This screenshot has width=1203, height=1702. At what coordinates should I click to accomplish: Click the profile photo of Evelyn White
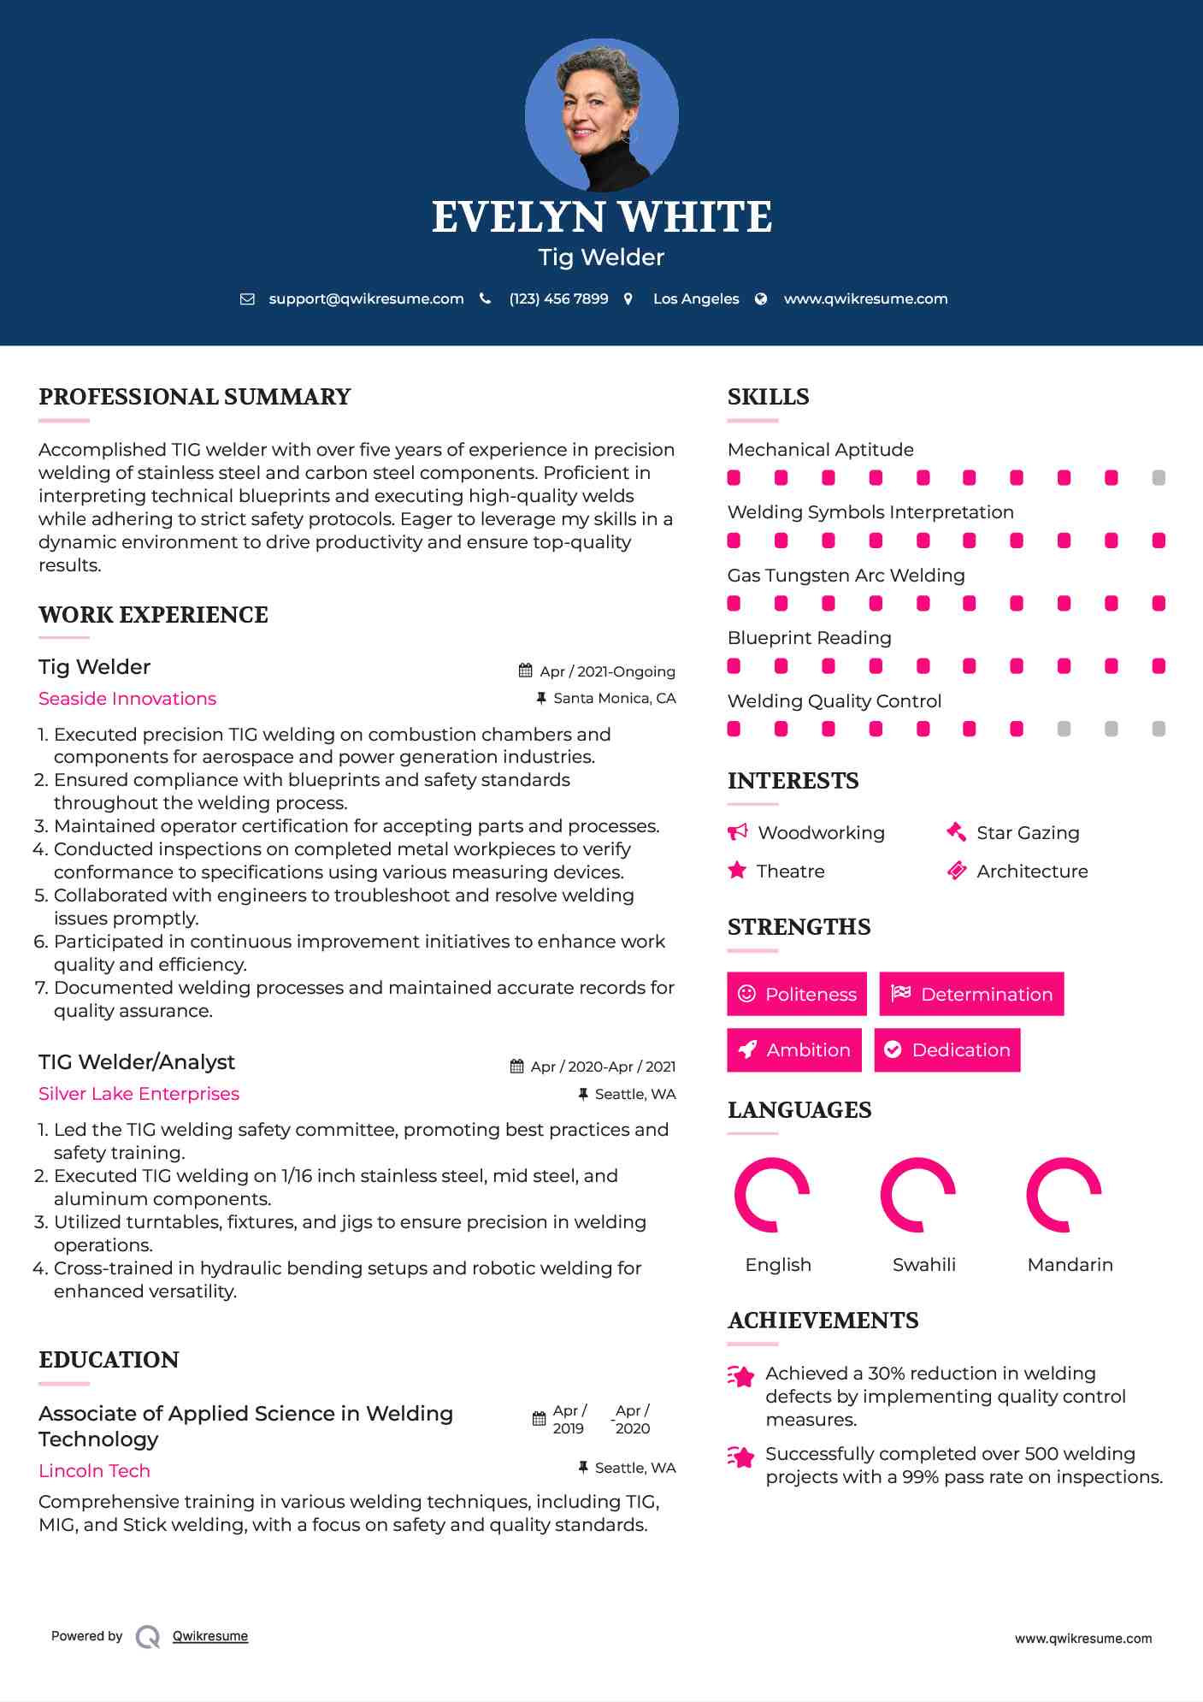click(601, 115)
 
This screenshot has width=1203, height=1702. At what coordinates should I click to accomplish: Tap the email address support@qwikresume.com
click(366, 298)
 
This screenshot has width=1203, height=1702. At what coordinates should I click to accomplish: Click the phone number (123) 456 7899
click(558, 298)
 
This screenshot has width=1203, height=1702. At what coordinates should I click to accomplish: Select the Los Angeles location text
click(695, 298)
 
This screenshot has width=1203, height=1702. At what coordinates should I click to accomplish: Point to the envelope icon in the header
click(247, 298)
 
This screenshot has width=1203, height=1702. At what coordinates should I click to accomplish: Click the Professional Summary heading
click(195, 397)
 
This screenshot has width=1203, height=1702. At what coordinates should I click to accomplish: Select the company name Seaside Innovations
click(127, 699)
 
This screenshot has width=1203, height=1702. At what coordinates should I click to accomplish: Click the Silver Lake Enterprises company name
click(139, 1094)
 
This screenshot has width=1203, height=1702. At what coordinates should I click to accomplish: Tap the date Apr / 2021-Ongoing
click(607, 671)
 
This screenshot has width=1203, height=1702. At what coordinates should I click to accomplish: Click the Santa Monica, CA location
click(614, 698)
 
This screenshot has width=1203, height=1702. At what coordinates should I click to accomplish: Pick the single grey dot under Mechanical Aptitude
click(1159, 477)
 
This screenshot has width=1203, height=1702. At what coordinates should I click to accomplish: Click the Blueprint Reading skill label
click(809, 638)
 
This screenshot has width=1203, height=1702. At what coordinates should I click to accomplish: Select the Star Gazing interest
click(1027, 833)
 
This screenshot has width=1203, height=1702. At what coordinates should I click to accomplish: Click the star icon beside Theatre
click(736, 871)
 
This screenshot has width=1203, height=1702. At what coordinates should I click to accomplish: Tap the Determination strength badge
click(971, 994)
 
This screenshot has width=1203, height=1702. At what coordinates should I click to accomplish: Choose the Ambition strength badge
click(794, 1049)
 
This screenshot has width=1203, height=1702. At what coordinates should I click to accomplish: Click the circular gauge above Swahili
click(917, 1194)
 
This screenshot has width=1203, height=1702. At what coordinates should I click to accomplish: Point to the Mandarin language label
click(1070, 1264)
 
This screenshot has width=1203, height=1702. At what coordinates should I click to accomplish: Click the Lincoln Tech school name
click(94, 1471)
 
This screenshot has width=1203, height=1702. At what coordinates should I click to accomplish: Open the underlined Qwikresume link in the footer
click(210, 1636)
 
